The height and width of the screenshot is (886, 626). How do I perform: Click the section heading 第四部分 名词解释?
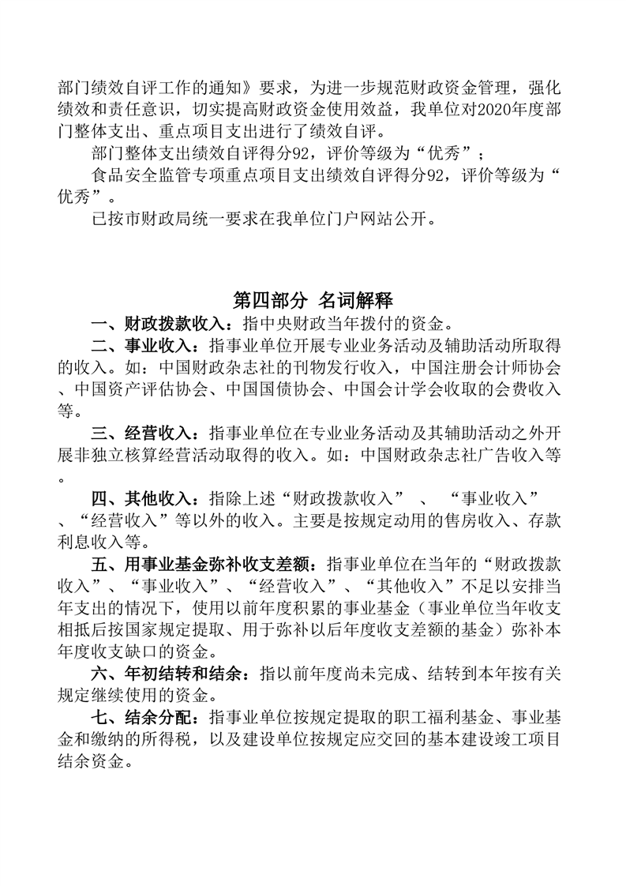[x=313, y=300]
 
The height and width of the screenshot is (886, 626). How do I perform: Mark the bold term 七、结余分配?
[x=143, y=718]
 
